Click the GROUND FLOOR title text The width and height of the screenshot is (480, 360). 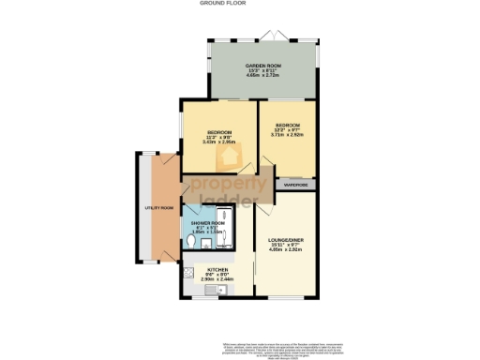[x=239, y=4]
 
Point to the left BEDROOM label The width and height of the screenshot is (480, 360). [x=218, y=132]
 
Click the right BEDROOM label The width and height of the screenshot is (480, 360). [x=288, y=125]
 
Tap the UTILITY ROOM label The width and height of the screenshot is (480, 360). [x=159, y=207]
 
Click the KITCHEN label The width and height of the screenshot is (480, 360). [x=217, y=270]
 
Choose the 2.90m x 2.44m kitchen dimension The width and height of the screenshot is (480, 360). [x=217, y=279]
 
